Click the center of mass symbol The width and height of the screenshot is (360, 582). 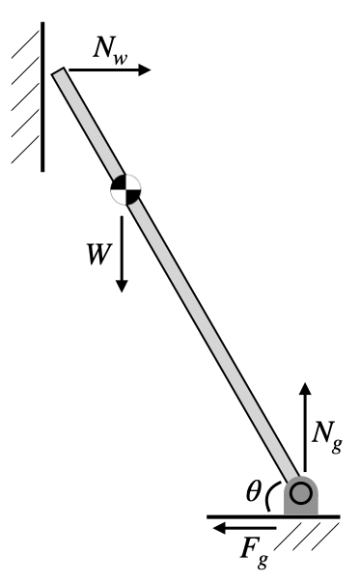coord(125,187)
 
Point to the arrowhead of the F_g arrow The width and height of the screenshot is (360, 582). coord(219,528)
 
